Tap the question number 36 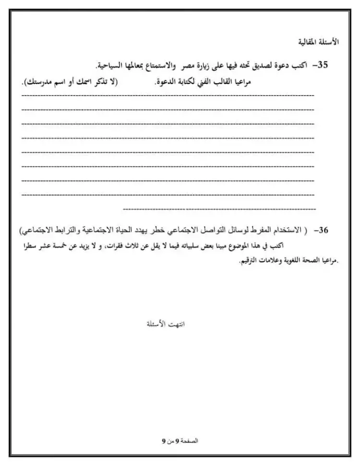[322, 230]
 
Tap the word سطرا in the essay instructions [31, 246]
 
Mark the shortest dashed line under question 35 [219, 209]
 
